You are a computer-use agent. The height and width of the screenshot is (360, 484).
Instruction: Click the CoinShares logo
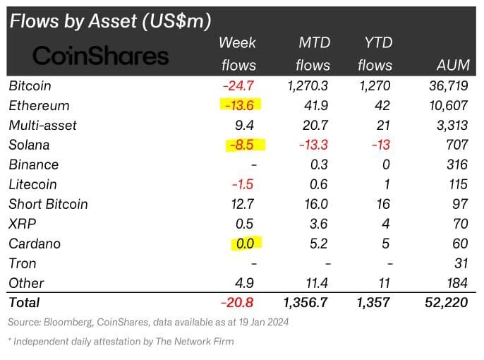pyautogui.click(x=101, y=55)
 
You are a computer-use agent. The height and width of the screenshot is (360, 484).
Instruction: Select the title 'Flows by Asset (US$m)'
pyautogui.click(x=110, y=21)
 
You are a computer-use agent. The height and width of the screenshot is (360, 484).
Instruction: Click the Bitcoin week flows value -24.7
pyautogui.click(x=240, y=86)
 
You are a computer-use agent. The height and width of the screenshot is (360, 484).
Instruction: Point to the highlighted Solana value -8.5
pyautogui.click(x=245, y=145)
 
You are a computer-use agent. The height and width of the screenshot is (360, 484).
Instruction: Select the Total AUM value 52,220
pyautogui.click(x=446, y=302)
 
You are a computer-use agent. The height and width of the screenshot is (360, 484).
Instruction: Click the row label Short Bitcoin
pyautogui.click(x=48, y=204)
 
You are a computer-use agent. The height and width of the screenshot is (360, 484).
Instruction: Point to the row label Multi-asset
pyautogui.click(x=42, y=126)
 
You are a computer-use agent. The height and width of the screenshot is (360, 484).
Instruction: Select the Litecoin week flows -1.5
pyautogui.click(x=243, y=184)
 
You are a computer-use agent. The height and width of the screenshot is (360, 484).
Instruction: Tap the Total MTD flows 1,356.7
pyautogui.click(x=304, y=302)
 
